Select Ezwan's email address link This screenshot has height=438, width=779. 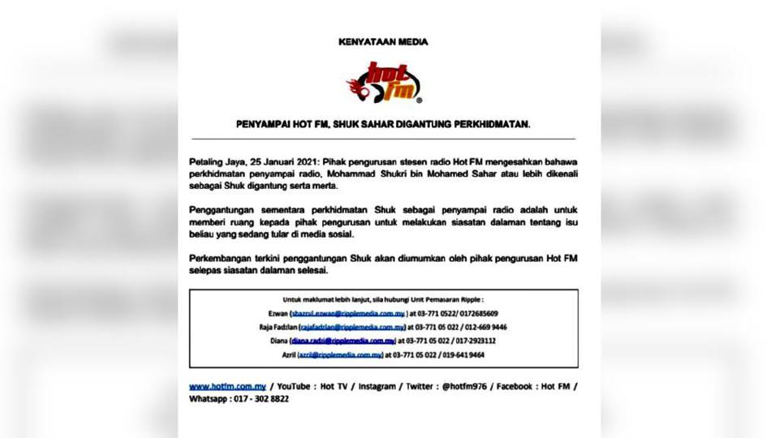342,313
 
